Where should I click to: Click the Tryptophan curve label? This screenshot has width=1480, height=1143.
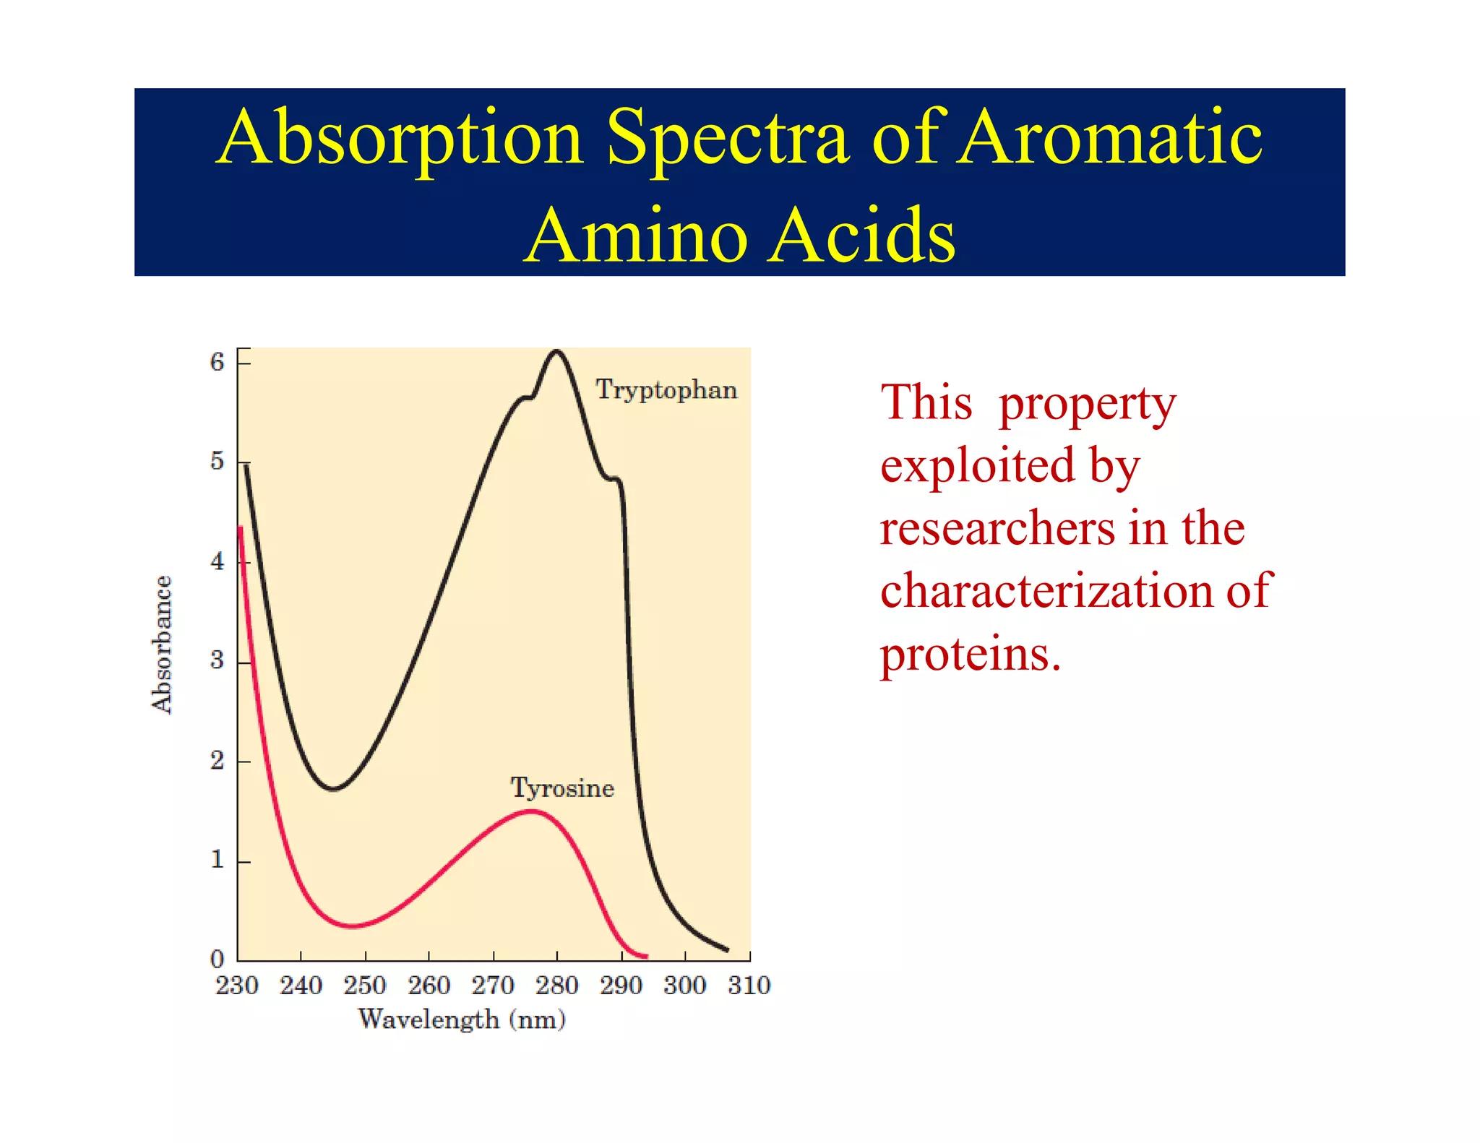point(666,390)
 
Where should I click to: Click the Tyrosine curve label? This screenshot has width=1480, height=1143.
point(562,788)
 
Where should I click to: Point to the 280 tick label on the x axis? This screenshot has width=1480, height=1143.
point(556,985)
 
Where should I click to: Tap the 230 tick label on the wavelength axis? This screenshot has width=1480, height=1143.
point(236,985)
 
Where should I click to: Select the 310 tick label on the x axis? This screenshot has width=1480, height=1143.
point(749,985)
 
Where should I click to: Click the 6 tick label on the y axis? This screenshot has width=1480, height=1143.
point(218,361)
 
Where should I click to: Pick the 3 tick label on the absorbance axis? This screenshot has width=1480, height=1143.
point(218,660)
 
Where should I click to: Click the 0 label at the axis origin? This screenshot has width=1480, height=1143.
point(218,959)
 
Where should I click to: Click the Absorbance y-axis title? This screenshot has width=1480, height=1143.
point(162,644)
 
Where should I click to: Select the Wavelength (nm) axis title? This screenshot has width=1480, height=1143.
point(462,1019)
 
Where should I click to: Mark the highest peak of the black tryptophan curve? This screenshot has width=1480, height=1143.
point(556,352)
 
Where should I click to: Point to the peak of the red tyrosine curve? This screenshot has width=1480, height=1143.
point(532,811)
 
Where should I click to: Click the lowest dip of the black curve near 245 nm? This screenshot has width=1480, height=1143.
point(332,788)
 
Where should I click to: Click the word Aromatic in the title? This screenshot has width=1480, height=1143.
point(1110,137)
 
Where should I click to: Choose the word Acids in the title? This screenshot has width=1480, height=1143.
point(861,235)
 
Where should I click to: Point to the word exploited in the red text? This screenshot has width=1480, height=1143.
point(977,465)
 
